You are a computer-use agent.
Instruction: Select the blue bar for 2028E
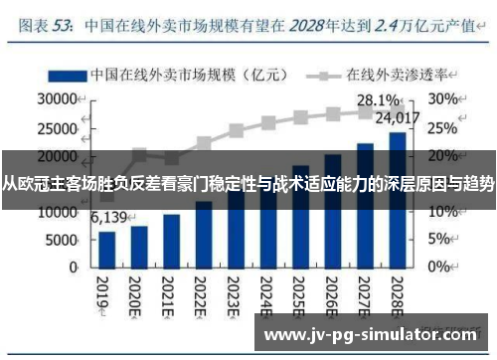pyautogui.click(x=398, y=199)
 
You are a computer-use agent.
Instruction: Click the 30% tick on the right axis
pyautogui.click(x=444, y=100)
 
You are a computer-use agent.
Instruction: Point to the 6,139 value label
pyautogui.click(x=110, y=216)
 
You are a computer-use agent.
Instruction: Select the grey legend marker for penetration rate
pyautogui.click(x=324, y=75)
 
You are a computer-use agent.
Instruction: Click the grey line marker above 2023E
pyautogui.click(x=237, y=130)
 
